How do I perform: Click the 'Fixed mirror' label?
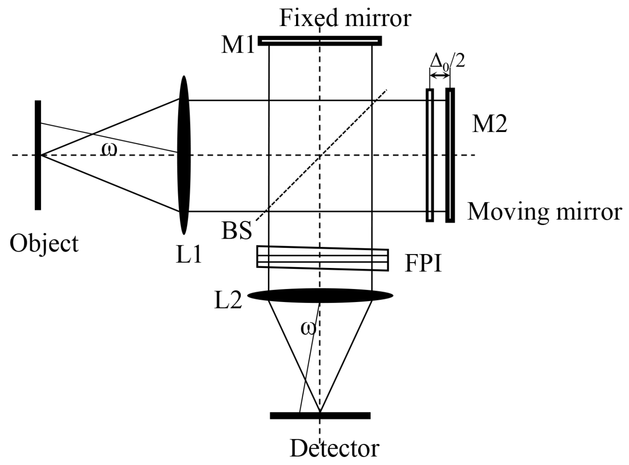[345, 18]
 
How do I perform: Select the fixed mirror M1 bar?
[320, 41]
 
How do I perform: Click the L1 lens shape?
[184, 155]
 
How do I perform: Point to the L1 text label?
[189, 254]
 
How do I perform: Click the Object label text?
[44, 244]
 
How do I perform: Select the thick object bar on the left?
[38, 155]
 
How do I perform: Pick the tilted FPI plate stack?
[322, 258]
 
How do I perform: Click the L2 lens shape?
[320, 296]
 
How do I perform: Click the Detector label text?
[334, 448]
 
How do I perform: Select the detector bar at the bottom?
[320, 416]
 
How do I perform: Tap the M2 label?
[489, 124]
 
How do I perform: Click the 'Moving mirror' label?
[544, 211]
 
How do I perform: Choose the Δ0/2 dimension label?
[448, 61]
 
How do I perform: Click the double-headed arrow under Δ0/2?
[440, 76]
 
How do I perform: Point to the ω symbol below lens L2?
[308, 328]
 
